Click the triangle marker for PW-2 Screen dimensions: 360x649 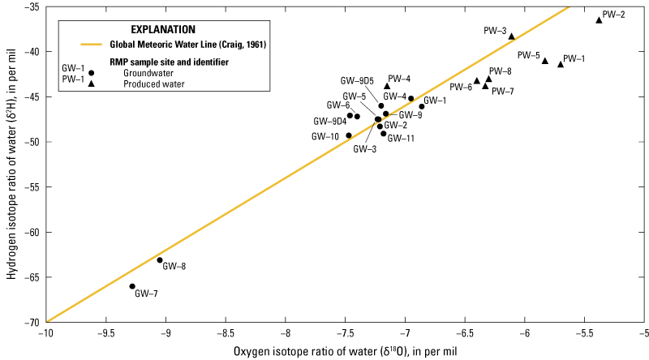pos(599,19)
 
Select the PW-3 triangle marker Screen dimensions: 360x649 pos(511,36)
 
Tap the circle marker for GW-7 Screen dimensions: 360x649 pos(132,286)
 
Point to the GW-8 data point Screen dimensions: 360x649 pos(160,260)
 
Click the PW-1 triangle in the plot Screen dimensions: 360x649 pos(561,64)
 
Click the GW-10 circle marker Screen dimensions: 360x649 pos(349,135)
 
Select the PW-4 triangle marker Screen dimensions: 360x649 pos(387,86)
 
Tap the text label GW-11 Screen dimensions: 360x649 pos(401,139)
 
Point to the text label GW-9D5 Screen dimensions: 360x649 pos(357,80)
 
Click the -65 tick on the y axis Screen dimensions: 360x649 pos(46,277)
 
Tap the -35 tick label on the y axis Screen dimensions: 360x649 pos(33,7)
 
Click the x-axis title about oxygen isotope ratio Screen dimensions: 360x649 pos(346,350)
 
